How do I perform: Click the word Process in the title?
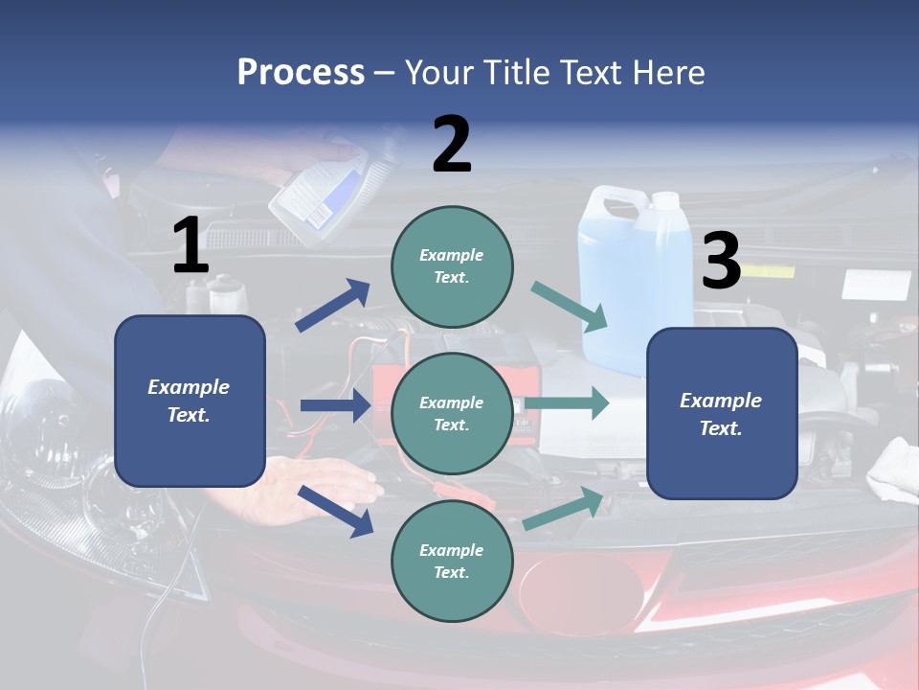(301, 73)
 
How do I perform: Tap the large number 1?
(191, 246)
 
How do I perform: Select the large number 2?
(452, 145)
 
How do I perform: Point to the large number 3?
(721, 262)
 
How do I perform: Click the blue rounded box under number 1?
(190, 401)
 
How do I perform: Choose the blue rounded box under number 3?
(722, 413)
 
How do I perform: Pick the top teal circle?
(452, 266)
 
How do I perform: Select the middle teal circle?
(452, 413)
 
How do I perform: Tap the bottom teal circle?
(452, 561)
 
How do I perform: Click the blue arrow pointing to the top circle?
(333, 306)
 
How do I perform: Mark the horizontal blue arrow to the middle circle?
(335, 405)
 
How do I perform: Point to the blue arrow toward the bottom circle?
(335, 511)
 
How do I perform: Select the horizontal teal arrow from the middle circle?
(567, 403)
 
